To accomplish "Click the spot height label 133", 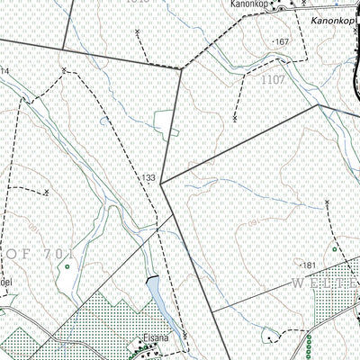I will click(148, 178).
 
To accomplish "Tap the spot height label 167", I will click(282, 42).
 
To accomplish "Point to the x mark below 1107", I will click(234, 117).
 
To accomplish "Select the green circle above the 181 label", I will click(334, 248).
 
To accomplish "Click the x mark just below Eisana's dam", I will click(184, 335).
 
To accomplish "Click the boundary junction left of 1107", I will click(183, 67).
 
